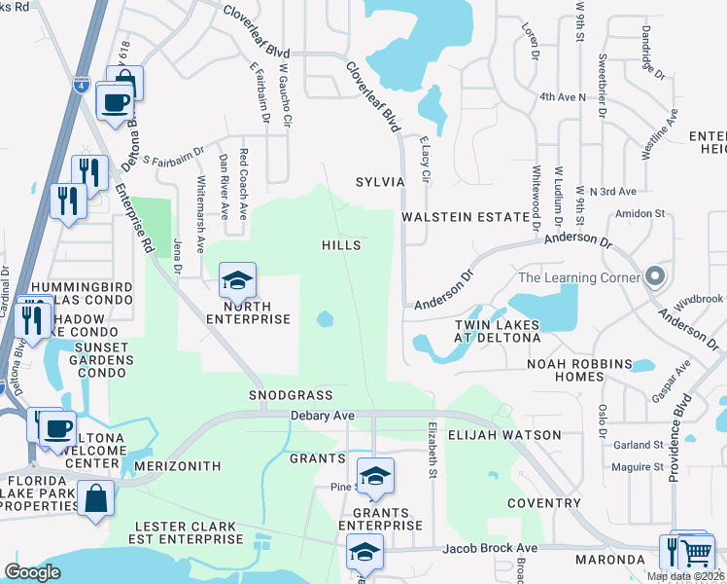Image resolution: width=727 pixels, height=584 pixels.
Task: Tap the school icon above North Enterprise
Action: pos(236,282)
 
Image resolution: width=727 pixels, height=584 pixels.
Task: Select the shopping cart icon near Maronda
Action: pos(696,552)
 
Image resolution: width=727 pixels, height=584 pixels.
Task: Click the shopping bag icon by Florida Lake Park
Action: pos(97,500)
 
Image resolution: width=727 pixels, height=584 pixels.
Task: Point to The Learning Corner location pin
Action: pos(655,277)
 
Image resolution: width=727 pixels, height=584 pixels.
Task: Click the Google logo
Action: pos(32,572)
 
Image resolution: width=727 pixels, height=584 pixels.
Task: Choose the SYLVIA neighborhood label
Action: pos(379,182)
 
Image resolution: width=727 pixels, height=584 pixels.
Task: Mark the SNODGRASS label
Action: pos(291,395)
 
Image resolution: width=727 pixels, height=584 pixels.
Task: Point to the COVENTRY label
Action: pos(541,503)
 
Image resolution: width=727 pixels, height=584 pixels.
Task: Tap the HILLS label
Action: pos(341,245)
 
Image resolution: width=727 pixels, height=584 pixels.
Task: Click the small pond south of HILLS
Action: pos(325,318)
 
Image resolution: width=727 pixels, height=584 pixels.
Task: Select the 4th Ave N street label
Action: pos(564,97)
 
